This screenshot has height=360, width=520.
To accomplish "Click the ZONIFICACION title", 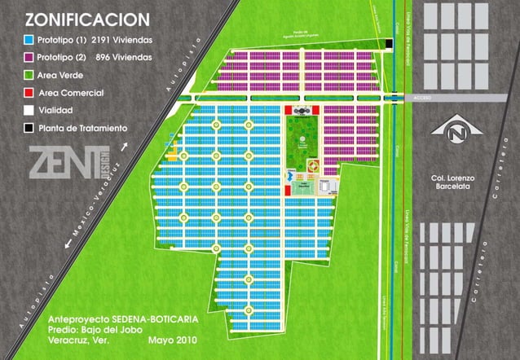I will pos(86,20).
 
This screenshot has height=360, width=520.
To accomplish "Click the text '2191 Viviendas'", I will pos(123,39).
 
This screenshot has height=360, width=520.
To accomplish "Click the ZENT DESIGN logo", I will pos(70,161).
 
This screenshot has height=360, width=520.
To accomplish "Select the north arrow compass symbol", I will pos(449,130).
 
